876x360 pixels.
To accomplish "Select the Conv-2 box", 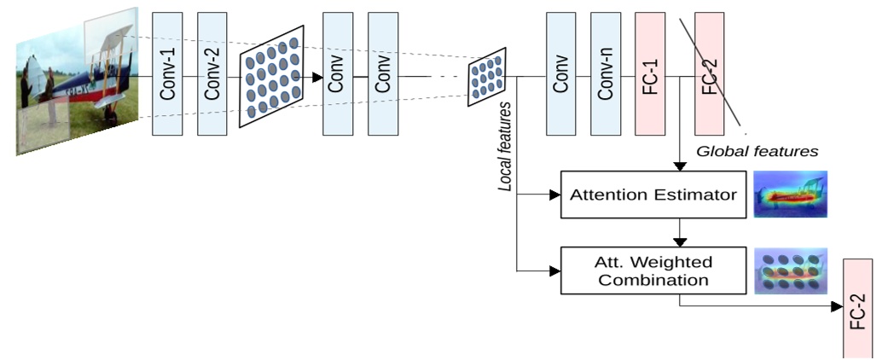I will coord(212,74).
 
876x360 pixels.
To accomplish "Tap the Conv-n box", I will coord(606,74).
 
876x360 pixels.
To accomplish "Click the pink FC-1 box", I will coord(650,74).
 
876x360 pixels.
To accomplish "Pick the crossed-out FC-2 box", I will coord(710,74).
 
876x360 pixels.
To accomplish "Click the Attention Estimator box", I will coord(653,195).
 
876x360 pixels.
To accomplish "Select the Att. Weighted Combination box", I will coord(653,270).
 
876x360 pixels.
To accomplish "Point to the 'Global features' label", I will coord(757,151).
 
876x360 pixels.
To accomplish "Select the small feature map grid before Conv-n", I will coord(488,77).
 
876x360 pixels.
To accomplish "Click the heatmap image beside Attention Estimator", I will coord(791,195).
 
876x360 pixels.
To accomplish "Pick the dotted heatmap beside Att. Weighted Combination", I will coord(791,270).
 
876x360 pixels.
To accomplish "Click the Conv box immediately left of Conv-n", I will coord(561,74).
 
